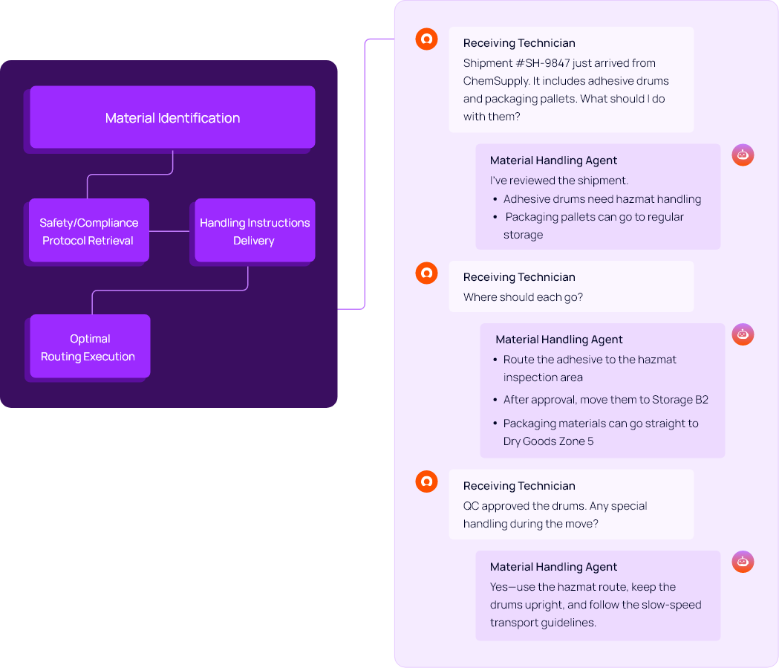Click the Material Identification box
[172, 117]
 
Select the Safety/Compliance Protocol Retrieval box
[88, 231]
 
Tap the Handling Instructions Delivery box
[254, 231]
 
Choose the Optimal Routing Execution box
[89, 347]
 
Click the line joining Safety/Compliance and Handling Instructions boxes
[172, 231]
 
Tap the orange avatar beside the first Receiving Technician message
[426, 39]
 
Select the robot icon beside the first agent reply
[743, 155]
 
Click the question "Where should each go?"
[523, 297]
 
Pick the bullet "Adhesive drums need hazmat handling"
[602, 199]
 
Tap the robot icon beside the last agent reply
[743, 562]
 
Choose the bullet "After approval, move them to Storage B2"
[605, 400]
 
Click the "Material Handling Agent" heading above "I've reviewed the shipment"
[553, 160]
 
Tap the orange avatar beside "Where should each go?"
[426, 273]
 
